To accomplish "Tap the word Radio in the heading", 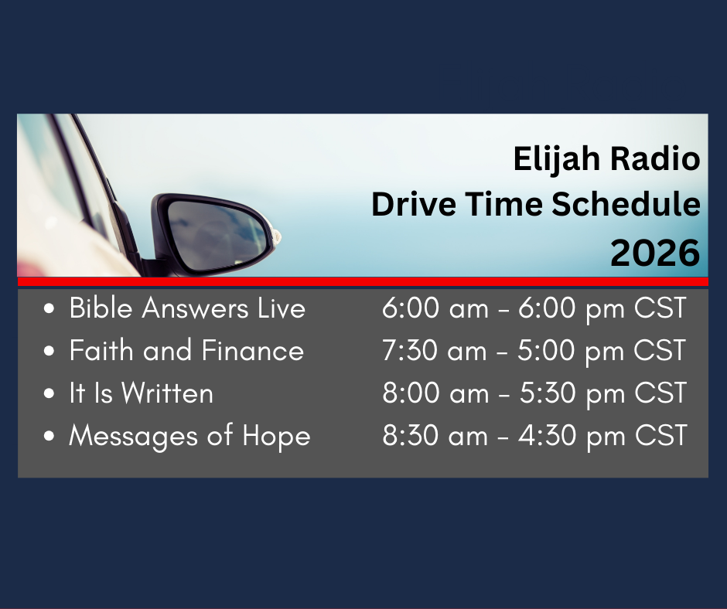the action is (x=655, y=158).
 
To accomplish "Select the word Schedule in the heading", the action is (x=626, y=203).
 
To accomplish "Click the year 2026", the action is (x=655, y=253).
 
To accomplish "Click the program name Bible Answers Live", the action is (x=187, y=308).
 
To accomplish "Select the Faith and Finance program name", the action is (x=186, y=350).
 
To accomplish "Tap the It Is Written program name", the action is (x=141, y=393).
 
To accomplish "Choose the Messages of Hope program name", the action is (x=189, y=436).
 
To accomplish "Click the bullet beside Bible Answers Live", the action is (x=49, y=308).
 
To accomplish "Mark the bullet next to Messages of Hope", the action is (x=49, y=436).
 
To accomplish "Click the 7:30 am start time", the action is (x=435, y=350).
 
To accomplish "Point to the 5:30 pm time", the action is (x=572, y=393).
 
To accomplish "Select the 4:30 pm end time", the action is (x=572, y=437).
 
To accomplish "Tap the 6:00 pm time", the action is (x=572, y=308).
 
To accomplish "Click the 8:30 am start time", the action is (x=435, y=436).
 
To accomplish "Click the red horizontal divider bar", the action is (x=363, y=282).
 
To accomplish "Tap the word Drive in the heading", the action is (x=414, y=203).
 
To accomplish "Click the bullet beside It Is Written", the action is (x=49, y=393).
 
